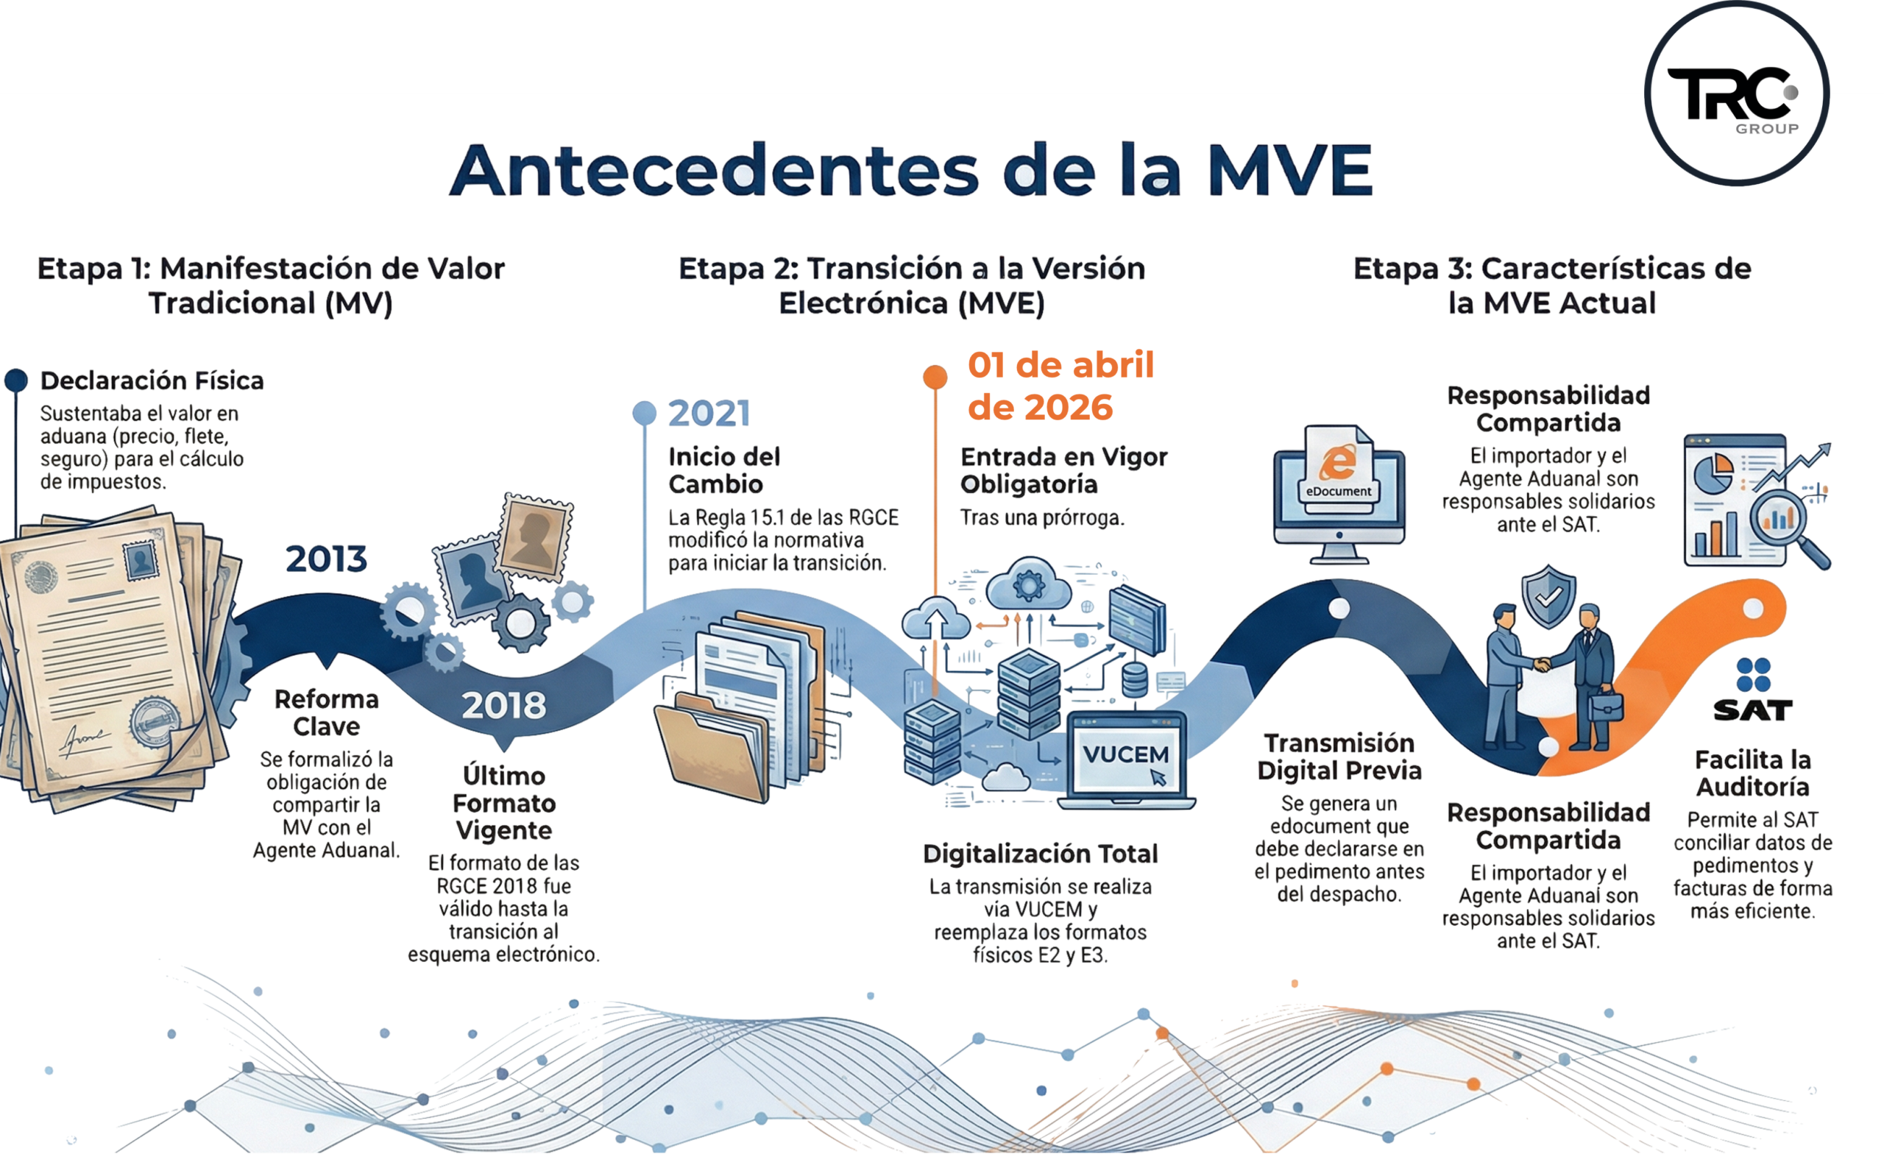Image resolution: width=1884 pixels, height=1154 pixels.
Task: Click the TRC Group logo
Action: click(x=1735, y=94)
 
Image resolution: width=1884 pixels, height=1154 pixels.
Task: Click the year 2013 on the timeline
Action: click(x=327, y=559)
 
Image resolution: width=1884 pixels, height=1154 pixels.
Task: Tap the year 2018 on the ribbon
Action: click(x=504, y=705)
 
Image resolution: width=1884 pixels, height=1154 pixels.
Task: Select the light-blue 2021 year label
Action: click(x=709, y=414)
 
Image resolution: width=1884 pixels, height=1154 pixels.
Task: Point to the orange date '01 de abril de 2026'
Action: click(x=1060, y=386)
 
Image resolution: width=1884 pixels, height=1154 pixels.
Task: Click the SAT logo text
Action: click(x=1752, y=710)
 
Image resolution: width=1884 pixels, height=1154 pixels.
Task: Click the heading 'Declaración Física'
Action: click(x=152, y=380)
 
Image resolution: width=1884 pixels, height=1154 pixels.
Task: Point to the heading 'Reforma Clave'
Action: click(x=327, y=712)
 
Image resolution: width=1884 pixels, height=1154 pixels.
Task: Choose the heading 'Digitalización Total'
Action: click(x=1040, y=854)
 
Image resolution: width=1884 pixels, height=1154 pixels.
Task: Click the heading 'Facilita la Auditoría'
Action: click(x=1752, y=774)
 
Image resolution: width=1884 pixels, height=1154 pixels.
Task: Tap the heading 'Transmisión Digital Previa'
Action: click(x=1339, y=757)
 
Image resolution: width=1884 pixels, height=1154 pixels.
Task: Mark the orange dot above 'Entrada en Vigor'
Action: click(x=935, y=376)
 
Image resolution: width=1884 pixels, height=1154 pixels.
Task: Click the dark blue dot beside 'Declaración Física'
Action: click(x=16, y=380)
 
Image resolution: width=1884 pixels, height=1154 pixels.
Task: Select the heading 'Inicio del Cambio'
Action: click(x=723, y=470)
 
